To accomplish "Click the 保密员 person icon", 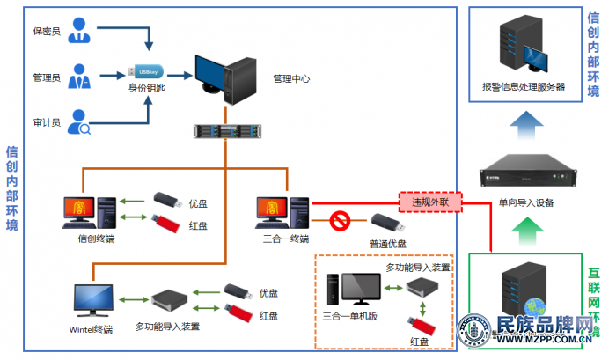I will click(x=81, y=30).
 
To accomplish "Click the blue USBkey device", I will click(x=146, y=71).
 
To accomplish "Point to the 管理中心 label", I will click(x=291, y=78).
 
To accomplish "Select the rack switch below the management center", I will click(x=226, y=131).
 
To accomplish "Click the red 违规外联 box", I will click(x=429, y=202).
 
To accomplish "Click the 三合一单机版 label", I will click(x=349, y=316).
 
